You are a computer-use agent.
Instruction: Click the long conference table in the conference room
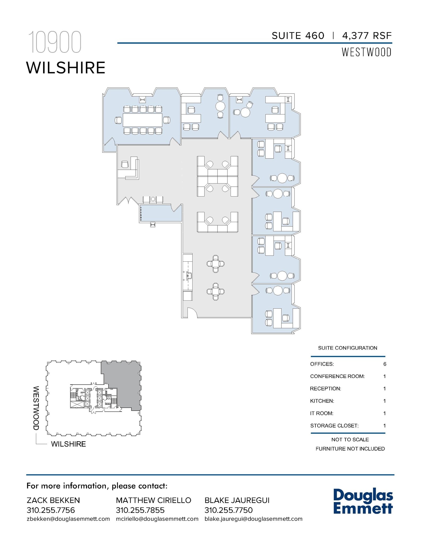[142, 120]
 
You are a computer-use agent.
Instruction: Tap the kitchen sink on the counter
[189, 276]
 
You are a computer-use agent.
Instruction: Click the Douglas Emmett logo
[363, 502]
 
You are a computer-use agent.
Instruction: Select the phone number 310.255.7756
[51, 510]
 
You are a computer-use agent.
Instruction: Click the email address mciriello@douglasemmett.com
[157, 519]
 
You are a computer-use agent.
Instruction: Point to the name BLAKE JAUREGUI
[237, 500]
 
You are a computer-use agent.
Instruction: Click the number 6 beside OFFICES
[385, 364]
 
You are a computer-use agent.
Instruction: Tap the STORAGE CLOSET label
[334, 426]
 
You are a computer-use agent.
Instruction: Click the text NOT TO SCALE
[350, 440]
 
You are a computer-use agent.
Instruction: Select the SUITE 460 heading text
[298, 36]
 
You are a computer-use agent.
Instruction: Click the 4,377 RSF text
[367, 36]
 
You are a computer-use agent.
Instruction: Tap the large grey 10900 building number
[55, 42]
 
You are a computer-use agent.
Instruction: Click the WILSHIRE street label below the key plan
[68, 444]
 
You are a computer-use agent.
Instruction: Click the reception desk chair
[124, 165]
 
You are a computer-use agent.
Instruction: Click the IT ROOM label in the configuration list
[322, 413]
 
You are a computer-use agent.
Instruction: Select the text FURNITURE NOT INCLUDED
[350, 449]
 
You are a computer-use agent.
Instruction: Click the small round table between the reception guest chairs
[153, 199]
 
